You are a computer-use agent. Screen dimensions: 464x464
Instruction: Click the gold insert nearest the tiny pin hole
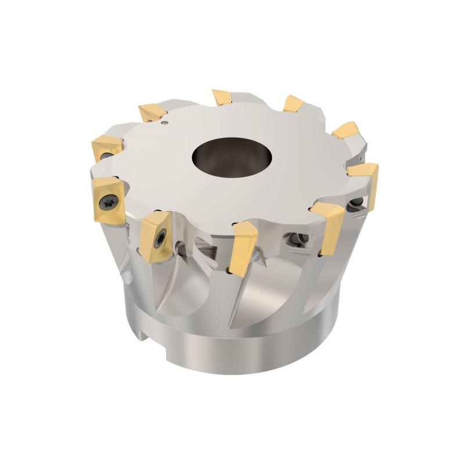coord(153,113)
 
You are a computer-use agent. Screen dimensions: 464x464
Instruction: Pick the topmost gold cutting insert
coord(223,97)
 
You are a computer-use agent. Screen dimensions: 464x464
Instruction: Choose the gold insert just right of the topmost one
coord(293,104)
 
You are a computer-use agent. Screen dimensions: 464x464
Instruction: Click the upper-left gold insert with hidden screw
coord(104,145)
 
